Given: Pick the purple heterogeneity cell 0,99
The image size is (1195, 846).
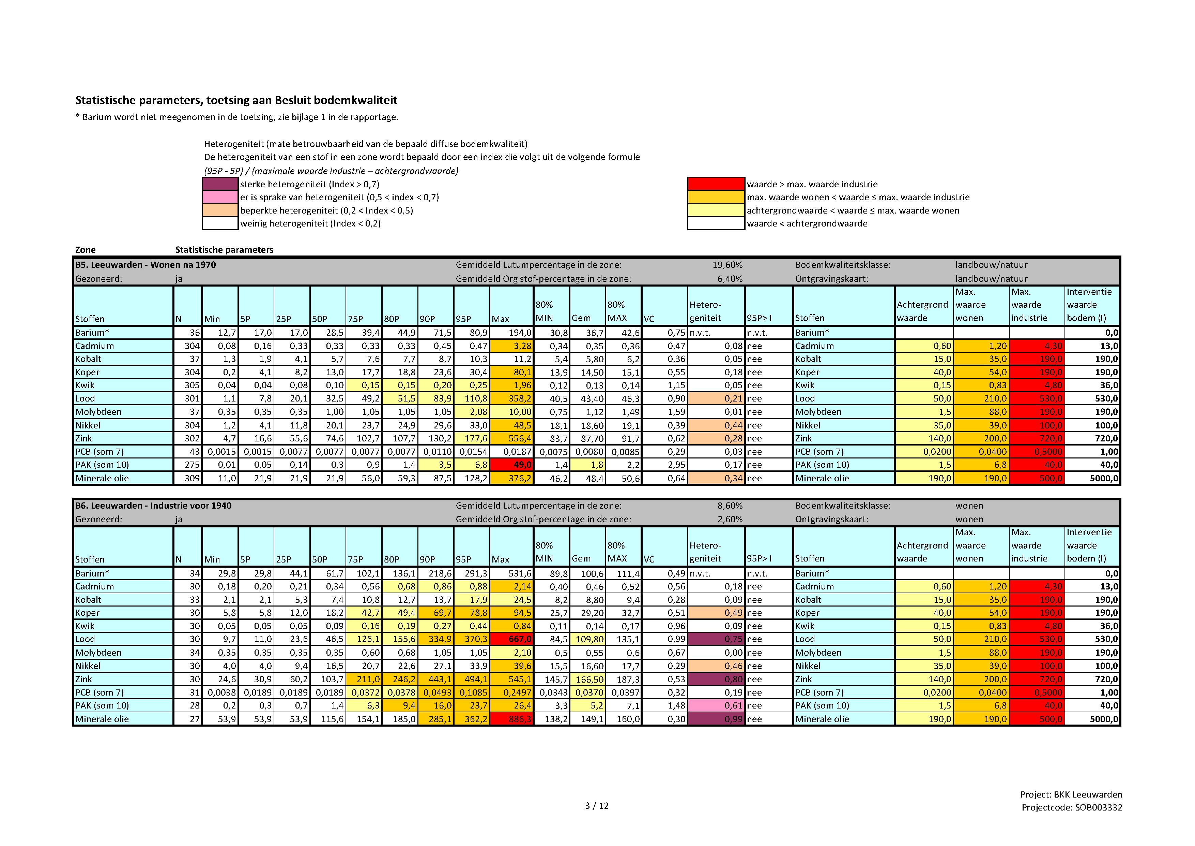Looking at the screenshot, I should pos(716,719).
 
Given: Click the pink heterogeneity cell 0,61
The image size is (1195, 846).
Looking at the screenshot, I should pos(716,705).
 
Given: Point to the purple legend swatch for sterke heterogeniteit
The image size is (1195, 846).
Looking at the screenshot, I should pos(220,184).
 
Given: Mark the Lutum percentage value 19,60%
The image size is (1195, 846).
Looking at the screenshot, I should pos(727,265).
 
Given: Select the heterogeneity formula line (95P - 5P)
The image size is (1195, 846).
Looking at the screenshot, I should pos(331,171).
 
